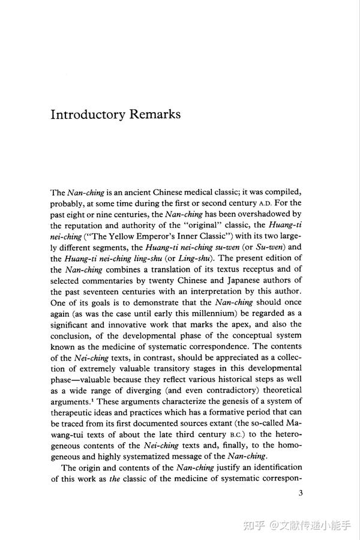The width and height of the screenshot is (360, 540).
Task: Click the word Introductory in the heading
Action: (89, 115)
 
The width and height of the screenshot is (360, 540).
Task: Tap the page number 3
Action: (300, 493)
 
